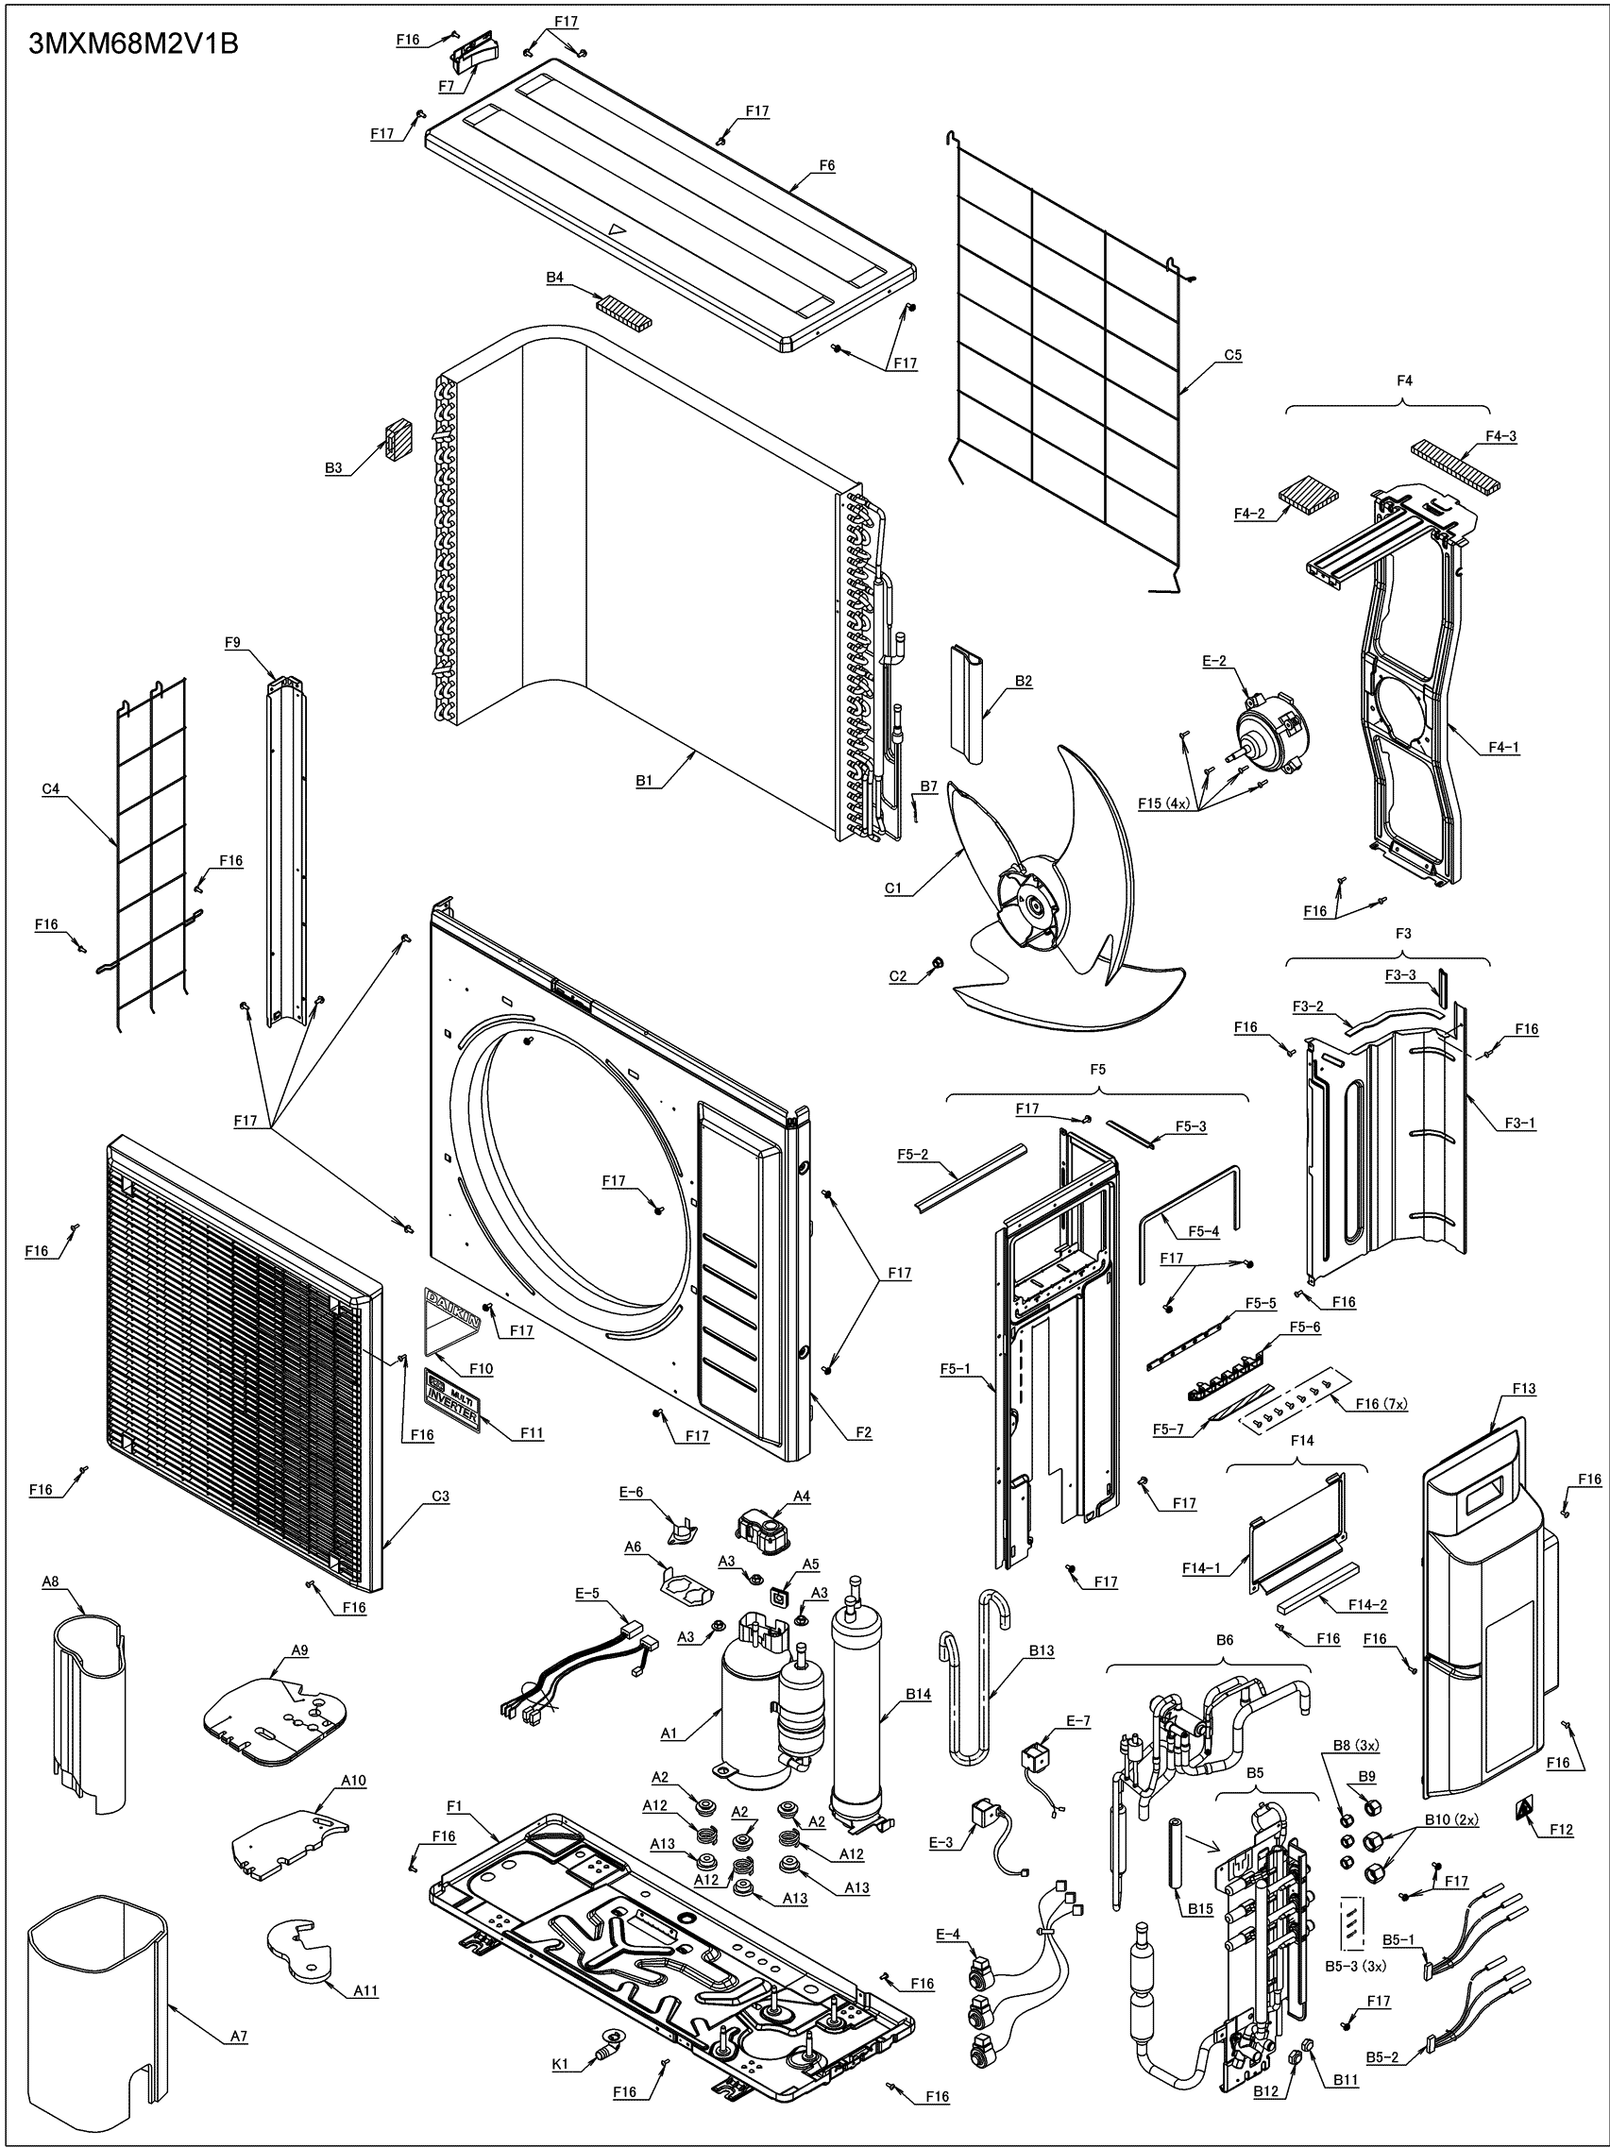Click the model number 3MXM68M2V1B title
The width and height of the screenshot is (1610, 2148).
coord(133,44)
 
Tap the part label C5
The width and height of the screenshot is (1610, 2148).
coord(1232,355)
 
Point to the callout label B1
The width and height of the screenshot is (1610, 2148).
coord(645,780)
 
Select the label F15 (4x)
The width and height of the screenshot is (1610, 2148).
coord(1163,803)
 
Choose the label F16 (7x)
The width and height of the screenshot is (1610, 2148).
coord(1381,1404)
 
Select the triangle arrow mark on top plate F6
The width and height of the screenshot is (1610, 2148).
coord(616,230)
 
